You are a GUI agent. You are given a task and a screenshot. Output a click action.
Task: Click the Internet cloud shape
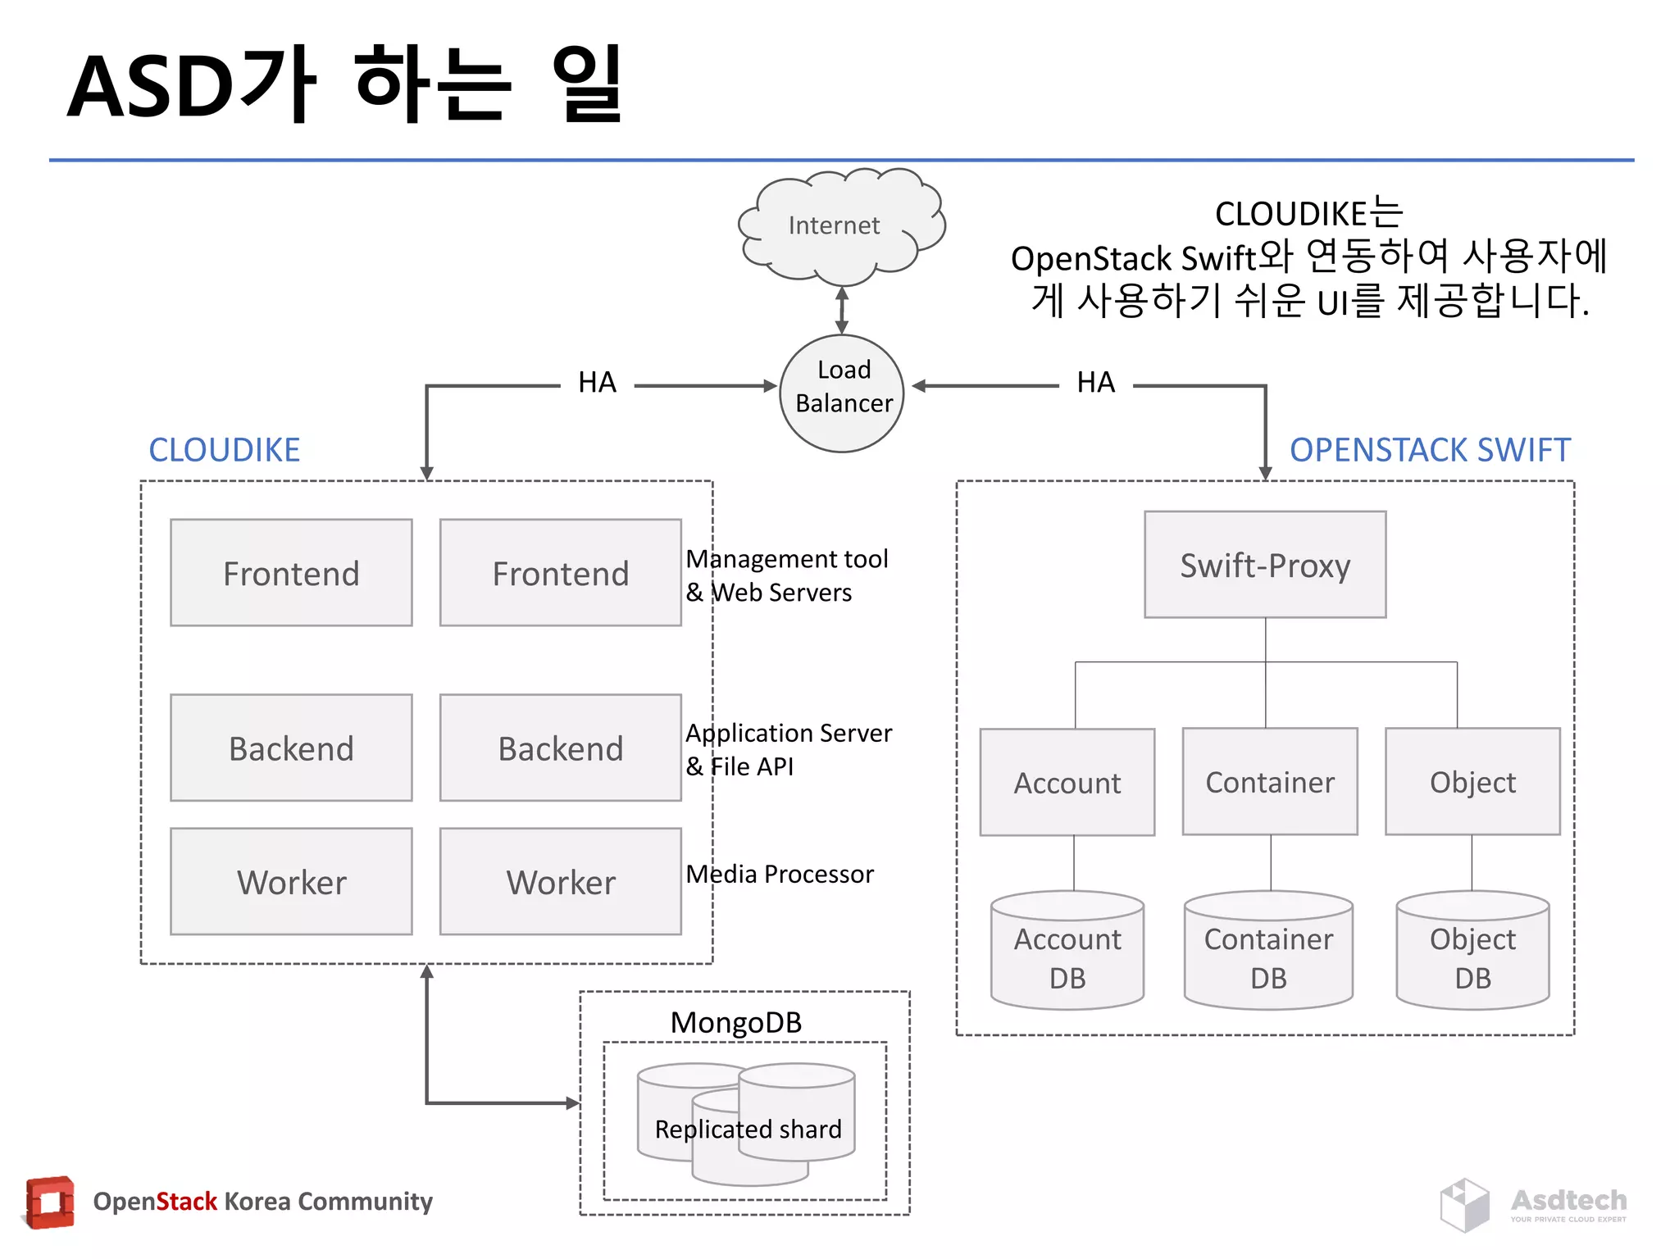pyautogui.click(x=839, y=225)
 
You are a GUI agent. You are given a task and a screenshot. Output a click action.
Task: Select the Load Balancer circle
pyautogui.click(x=842, y=393)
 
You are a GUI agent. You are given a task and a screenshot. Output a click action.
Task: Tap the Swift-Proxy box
pyautogui.click(x=1265, y=565)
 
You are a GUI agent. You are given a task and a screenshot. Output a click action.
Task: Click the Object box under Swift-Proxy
pyautogui.click(x=1472, y=782)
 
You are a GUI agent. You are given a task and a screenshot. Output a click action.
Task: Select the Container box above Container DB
pyautogui.click(x=1270, y=782)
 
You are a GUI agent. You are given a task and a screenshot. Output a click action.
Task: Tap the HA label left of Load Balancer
pyautogui.click(x=597, y=383)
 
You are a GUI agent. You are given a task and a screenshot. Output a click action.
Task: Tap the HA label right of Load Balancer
pyautogui.click(x=1095, y=383)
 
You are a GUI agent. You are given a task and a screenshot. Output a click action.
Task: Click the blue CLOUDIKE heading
pyautogui.click(x=224, y=450)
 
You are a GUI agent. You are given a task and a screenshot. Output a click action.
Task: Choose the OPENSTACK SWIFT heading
pyautogui.click(x=1430, y=450)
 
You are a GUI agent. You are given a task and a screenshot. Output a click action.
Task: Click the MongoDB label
pyautogui.click(x=736, y=1022)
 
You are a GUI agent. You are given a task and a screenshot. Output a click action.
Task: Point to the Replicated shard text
pyautogui.click(x=748, y=1129)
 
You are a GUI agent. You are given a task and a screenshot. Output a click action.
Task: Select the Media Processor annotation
pyautogui.click(x=780, y=874)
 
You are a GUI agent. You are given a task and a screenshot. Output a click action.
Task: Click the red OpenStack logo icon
pyautogui.click(x=50, y=1202)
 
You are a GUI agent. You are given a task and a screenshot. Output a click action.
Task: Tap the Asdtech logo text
pyautogui.click(x=1568, y=1201)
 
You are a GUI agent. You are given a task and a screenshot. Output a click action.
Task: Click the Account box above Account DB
pyautogui.click(x=1067, y=783)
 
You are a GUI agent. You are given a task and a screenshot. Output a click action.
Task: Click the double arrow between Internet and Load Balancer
pyautogui.click(x=842, y=310)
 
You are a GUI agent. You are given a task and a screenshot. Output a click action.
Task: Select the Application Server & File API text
pyautogui.click(x=788, y=749)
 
